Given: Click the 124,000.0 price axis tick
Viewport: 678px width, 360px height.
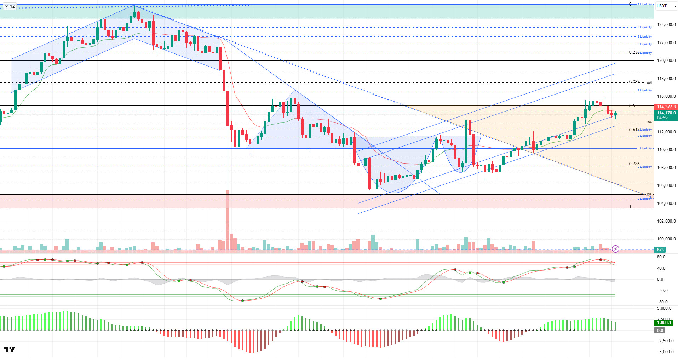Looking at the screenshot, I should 666,25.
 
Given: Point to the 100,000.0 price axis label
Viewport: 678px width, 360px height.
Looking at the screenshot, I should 666,239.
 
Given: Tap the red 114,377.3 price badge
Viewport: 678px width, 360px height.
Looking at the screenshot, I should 666,107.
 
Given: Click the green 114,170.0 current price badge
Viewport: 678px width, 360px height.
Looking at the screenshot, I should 666,113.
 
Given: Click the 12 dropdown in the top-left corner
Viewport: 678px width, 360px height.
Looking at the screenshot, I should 10,6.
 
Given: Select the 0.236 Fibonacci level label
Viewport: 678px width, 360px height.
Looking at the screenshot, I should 634,52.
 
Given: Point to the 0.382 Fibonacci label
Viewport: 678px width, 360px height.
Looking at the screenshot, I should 634,82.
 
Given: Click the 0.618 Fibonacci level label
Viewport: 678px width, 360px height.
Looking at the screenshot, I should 634,130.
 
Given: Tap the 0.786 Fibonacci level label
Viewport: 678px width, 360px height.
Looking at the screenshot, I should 634,164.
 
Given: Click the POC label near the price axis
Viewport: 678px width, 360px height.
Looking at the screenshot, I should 649,122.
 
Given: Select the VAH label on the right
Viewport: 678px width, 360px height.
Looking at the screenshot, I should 649,82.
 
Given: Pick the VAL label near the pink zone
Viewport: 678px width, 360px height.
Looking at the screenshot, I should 649,194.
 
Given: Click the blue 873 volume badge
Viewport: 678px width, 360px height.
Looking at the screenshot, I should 660,250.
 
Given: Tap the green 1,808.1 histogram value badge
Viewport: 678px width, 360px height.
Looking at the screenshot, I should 663,322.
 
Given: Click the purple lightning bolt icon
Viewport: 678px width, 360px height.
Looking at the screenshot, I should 615,249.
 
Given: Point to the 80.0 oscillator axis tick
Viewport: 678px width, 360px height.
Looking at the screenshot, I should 661,257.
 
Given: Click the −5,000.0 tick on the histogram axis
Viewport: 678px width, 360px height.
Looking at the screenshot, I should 665,352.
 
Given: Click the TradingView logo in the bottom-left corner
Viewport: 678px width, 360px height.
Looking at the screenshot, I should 10,350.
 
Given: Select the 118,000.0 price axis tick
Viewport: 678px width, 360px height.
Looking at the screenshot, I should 666,79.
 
